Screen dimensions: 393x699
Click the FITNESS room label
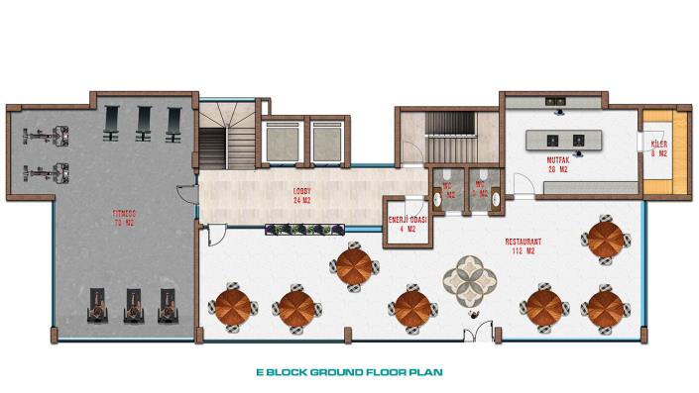pyautogui.click(x=124, y=217)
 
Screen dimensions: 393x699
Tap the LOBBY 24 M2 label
pyautogui.click(x=302, y=194)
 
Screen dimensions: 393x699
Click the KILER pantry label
pyautogui.click(x=657, y=149)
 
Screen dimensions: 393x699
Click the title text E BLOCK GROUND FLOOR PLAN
pyautogui.click(x=349, y=375)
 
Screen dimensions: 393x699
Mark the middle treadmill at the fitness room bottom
pyautogui.click(x=134, y=306)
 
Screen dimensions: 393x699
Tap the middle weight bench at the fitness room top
pyautogui.click(x=145, y=121)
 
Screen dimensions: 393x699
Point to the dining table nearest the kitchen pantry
pyautogui.click(x=604, y=240)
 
